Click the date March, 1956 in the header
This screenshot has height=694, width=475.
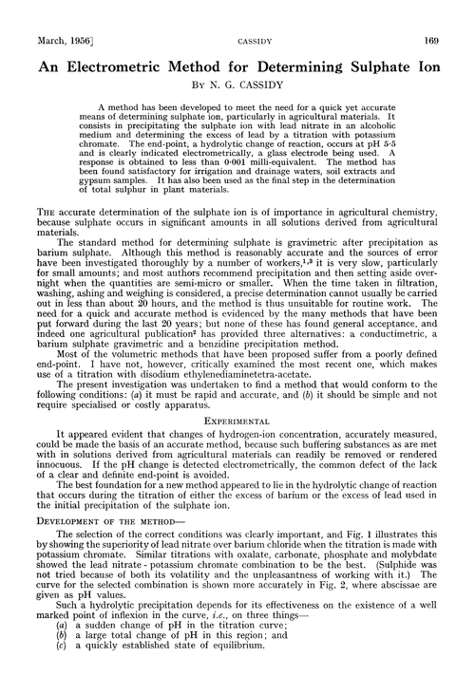[x=43, y=13]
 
